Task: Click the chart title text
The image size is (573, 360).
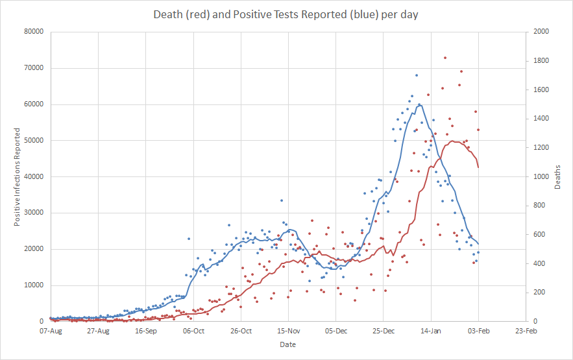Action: pos(286,14)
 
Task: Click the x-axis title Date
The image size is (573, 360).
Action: pos(287,344)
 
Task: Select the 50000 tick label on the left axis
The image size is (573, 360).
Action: pos(34,140)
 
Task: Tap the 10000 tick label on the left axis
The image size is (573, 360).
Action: pos(34,285)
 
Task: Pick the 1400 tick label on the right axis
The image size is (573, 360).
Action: pos(541,119)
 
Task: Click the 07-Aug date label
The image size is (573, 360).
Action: pos(51,331)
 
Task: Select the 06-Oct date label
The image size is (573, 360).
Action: pos(193,331)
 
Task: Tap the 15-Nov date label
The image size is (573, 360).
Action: pos(288,331)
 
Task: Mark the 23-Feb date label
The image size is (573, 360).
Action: pos(526,331)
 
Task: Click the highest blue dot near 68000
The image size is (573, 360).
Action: pos(416,75)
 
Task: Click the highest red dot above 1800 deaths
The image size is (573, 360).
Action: pos(445,58)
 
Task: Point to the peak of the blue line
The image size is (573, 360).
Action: pos(419,104)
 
